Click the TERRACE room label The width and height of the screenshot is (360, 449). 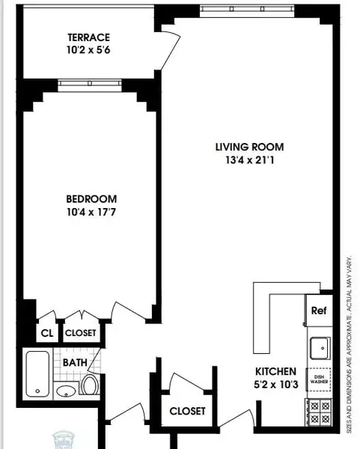pyautogui.click(x=88, y=37)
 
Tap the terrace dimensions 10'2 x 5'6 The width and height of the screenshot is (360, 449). pyautogui.click(x=88, y=51)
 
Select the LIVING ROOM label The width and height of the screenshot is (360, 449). pyautogui.click(x=248, y=147)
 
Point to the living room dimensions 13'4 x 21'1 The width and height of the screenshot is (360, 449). pyautogui.click(x=248, y=160)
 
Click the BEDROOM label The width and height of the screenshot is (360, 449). pyautogui.click(x=91, y=198)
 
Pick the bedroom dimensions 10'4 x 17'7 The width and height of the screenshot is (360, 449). pyautogui.click(x=91, y=212)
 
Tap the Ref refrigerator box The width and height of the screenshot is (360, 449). pyautogui.click(x=318, y=311)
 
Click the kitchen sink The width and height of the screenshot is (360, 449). pyautogui.click(x=320, y=346)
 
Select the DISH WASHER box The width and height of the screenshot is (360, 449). pyautogui.click(x=320, y=380)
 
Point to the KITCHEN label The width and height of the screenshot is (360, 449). pyautogui.click(x=276, y=371)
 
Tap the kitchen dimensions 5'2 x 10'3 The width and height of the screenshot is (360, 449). pyautogui.click(x=276, y=385)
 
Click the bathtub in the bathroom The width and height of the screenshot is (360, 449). pyautogui.click(x=37, y=373)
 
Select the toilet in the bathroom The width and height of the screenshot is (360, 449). pyautogui.click(x=90, y=386)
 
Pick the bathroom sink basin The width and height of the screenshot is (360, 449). pyautogui.click(x=67, y=391)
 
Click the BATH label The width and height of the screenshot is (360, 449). pyautogui.click(x=75, y=363)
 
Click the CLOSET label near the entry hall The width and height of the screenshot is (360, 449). pyautogui.click(x=187, y=411)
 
